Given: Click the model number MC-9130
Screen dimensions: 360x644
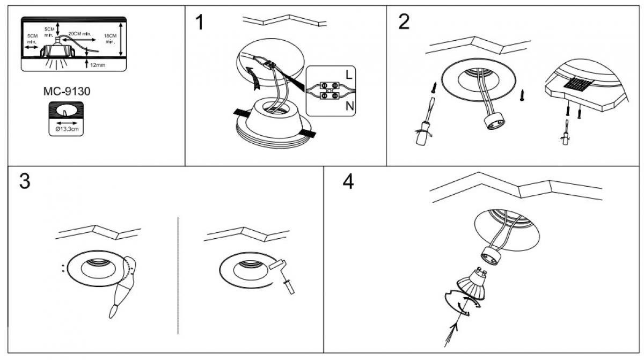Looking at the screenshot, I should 66,92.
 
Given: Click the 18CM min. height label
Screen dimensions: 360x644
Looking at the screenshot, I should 110,39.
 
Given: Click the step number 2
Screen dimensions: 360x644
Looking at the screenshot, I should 404,22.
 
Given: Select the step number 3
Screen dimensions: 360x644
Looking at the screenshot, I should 25,181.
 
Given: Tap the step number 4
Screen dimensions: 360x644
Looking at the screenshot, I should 348,182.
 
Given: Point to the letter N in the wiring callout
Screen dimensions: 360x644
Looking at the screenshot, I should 349,106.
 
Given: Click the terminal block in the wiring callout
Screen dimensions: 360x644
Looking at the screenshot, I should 328,90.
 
